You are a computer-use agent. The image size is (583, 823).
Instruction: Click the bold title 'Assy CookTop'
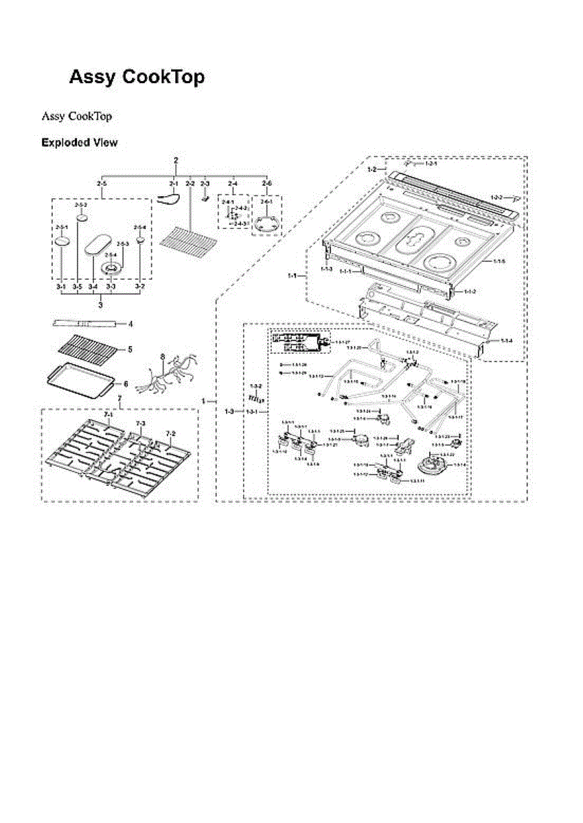point(137,77)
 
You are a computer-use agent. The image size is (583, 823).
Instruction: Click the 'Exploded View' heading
point(79,143)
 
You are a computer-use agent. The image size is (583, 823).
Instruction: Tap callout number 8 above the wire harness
point(162,357)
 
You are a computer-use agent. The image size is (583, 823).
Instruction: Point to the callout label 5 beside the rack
point(129,350)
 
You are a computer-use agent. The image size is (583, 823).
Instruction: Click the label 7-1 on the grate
point(108,416)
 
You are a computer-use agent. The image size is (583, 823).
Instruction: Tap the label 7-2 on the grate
point(170,433)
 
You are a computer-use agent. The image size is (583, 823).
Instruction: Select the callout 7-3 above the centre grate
point(141,424)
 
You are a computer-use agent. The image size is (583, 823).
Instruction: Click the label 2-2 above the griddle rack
point(190,184)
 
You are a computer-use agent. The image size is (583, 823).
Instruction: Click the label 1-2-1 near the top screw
point(431,165)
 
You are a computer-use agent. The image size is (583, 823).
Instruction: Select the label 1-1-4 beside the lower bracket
point(506,341)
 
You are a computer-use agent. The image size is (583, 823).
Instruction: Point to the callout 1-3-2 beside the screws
point(256,387)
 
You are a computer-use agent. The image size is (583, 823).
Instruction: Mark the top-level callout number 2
point(176,160)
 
